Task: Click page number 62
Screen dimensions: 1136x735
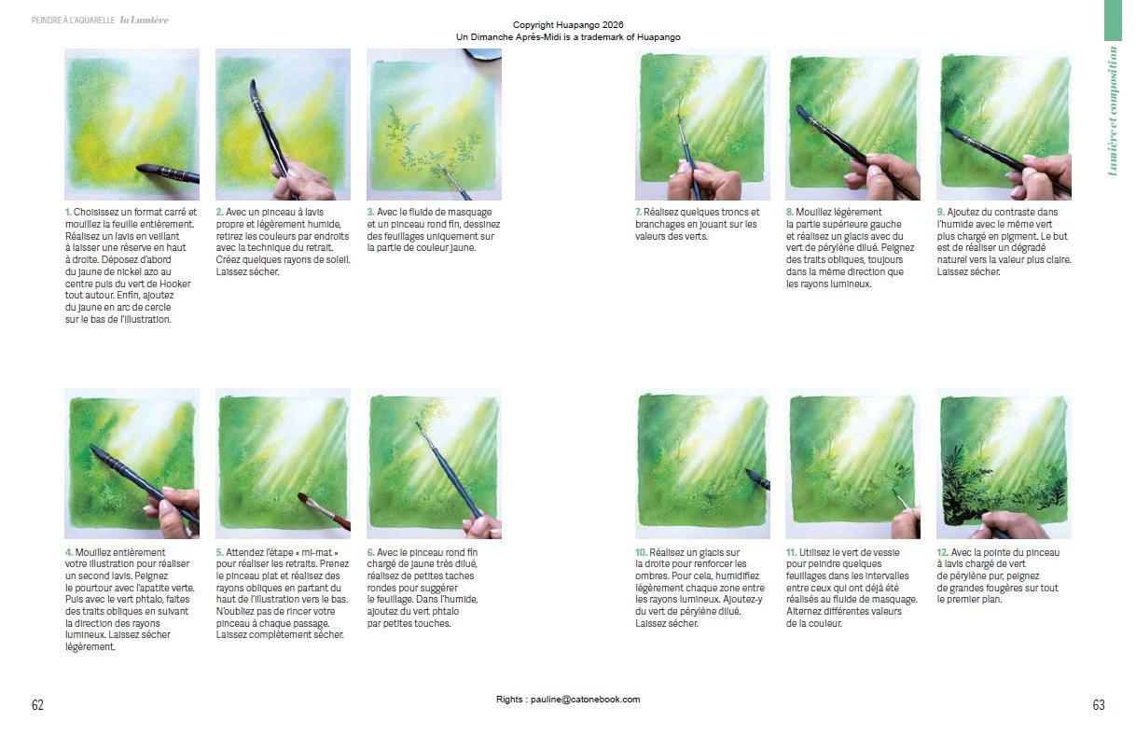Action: click(x=37, y=704)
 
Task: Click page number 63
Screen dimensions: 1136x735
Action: click(x=1099, y=704)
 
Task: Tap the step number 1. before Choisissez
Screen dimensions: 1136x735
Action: click(x=68, y=212)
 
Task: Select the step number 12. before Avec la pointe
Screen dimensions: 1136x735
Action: click(x=943, y=552)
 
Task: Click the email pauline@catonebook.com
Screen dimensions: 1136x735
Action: click(x=585, y=699)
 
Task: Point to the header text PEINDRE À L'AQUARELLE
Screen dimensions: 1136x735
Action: click(x=73, y=21)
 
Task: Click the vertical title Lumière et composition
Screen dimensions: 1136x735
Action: click(x=1113, y=111)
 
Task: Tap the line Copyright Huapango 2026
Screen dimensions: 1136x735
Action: click(x=568, y=25)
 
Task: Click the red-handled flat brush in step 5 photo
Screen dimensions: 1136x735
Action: click(x=325, y=511)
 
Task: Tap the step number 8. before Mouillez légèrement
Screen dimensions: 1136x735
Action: click(x=790, y=212)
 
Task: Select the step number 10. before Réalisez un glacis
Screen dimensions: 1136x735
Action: click(x=641, y=552)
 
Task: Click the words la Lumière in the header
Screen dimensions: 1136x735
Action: click(x=144, y=21)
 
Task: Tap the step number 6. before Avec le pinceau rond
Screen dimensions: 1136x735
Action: click(x=370, y=552)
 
